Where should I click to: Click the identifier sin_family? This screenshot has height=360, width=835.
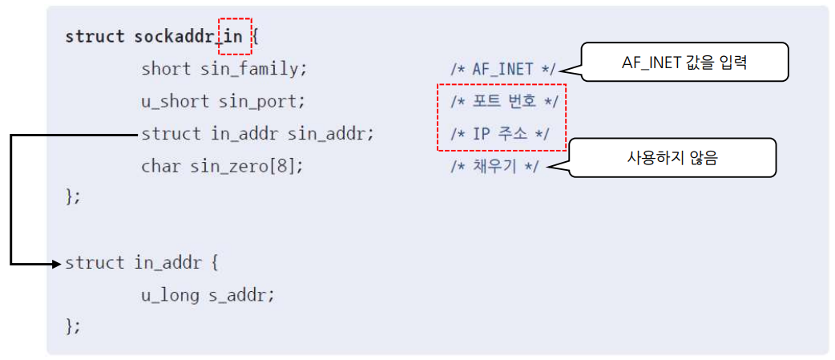(254, 69)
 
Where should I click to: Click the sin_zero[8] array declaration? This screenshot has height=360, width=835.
(247, 167)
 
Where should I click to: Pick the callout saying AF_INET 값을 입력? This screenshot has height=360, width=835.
(684, 63)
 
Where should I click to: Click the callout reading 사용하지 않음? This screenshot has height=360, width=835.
(672, 158)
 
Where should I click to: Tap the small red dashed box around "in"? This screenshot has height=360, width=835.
(235, 37)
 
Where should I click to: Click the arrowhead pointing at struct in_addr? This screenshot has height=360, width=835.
(57, 263)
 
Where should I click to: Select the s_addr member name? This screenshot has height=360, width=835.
(242, 295)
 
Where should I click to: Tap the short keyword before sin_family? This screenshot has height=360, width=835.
(166, 69)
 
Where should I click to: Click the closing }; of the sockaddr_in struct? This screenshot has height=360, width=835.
(73, 197)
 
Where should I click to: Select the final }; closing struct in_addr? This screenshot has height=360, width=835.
(73, 326)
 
